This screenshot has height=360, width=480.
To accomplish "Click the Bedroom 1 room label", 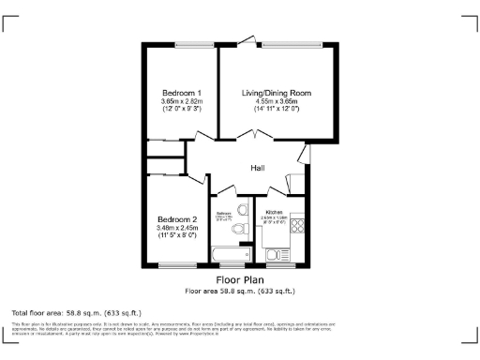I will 182,93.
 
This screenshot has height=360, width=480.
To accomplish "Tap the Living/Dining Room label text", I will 276,93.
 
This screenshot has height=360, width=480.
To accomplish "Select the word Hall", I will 258,169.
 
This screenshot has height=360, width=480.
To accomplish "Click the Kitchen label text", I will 274,214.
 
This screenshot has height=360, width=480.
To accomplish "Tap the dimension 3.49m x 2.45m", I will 177,226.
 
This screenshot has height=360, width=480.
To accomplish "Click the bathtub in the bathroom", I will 229,254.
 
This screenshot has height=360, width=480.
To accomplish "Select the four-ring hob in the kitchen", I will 299,225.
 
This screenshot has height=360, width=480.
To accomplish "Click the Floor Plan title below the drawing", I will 240,280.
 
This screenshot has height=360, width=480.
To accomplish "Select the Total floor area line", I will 76,311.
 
